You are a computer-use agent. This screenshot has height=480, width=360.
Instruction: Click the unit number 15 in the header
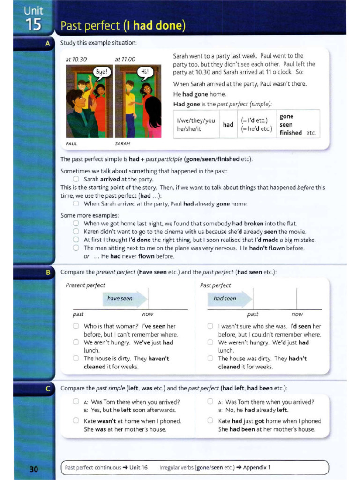pos(34,24)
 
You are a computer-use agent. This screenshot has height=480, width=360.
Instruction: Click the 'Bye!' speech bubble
pos(102,72)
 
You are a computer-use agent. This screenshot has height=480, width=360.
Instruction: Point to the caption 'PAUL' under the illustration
pos(72,143)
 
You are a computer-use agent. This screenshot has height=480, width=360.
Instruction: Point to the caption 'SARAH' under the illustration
pos(122,143)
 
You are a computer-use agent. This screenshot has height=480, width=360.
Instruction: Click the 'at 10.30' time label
pos(76,60)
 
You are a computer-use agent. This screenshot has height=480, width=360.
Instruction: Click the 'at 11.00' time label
pos(125,60)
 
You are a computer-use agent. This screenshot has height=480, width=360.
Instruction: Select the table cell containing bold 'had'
pos(228,124)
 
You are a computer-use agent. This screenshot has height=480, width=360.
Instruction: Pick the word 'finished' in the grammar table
pos(291,133)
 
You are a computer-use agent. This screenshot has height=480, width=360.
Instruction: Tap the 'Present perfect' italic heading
pos(85,285)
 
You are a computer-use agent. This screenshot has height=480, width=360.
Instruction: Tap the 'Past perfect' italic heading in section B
pos(215,285)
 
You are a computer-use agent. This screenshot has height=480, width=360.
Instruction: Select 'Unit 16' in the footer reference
pos(138,467)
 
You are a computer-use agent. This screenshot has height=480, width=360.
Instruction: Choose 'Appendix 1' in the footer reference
pos(256,467)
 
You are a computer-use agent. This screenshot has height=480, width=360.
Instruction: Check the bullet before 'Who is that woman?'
pos(76,326)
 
